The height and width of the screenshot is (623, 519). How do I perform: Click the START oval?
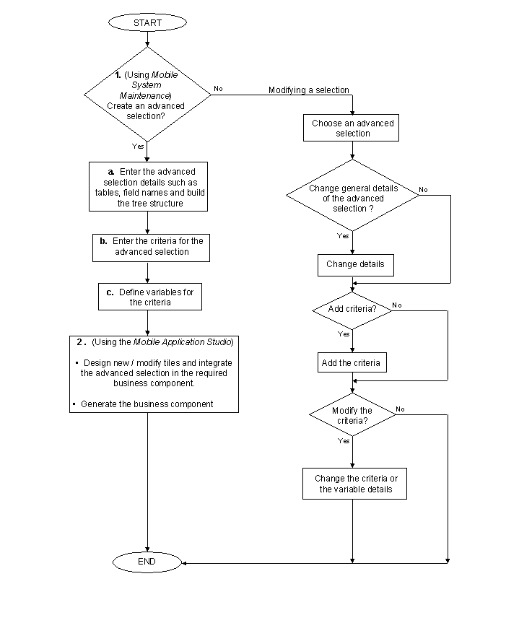point(147,23)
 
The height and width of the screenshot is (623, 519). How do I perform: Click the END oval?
point(147,561)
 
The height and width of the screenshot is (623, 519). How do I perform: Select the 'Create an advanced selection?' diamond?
point(147,95)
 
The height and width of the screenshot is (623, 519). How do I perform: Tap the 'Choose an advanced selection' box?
point(352,128)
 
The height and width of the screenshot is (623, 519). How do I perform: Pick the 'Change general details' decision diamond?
point(352,198)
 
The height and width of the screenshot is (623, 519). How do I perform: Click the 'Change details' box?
point(354,264)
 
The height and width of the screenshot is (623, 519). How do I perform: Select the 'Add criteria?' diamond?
point(352,308)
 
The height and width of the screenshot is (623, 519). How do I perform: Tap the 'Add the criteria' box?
point(352,362)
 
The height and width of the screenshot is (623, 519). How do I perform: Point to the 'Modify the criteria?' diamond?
point(352,415)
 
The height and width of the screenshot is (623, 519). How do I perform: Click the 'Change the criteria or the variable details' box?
point(355,484)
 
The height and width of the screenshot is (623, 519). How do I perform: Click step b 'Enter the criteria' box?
point(152,246)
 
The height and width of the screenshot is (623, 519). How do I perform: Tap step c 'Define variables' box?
point(149,297)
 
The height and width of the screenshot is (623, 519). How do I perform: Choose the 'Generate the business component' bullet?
point(147,404)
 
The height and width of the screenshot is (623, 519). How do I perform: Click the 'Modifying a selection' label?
point(308,90)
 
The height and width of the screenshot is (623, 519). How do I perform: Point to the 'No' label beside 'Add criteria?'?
point(396,305)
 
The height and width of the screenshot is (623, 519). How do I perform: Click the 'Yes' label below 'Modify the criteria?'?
point(344,440)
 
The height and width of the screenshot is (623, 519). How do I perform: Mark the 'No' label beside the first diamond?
point(218,89)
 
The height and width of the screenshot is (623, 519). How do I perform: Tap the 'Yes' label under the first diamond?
point(138,146)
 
